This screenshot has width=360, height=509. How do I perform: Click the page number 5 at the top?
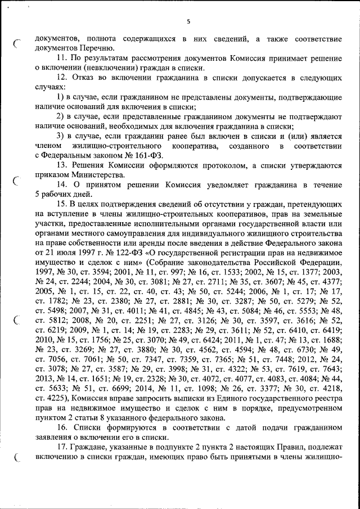pos(188,21)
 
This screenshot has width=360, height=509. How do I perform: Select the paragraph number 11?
pos(62,58)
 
